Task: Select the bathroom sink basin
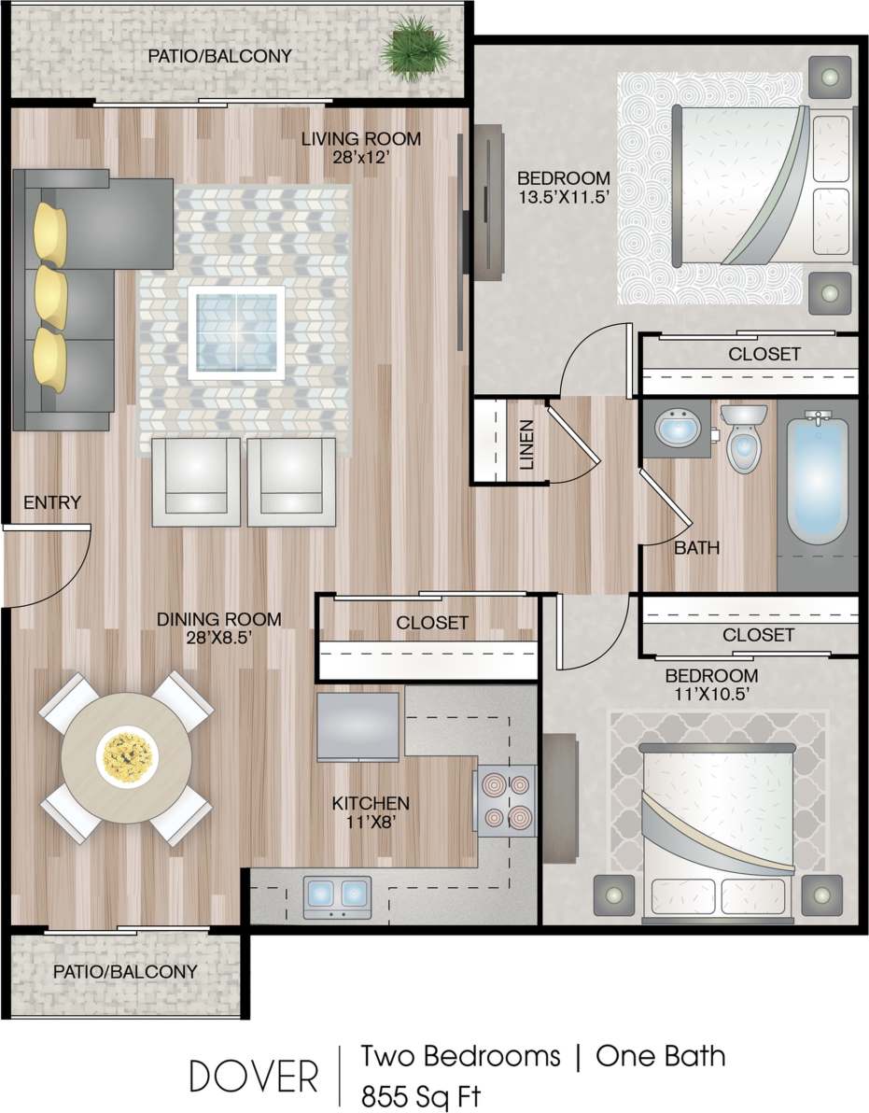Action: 674,430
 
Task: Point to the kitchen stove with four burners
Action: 506,797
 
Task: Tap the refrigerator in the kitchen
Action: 358,726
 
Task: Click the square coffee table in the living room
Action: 236,332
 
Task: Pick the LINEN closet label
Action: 527,444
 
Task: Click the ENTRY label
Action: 52,503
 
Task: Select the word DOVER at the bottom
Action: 254,1077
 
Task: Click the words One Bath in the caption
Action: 660,1056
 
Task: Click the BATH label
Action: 697,548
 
